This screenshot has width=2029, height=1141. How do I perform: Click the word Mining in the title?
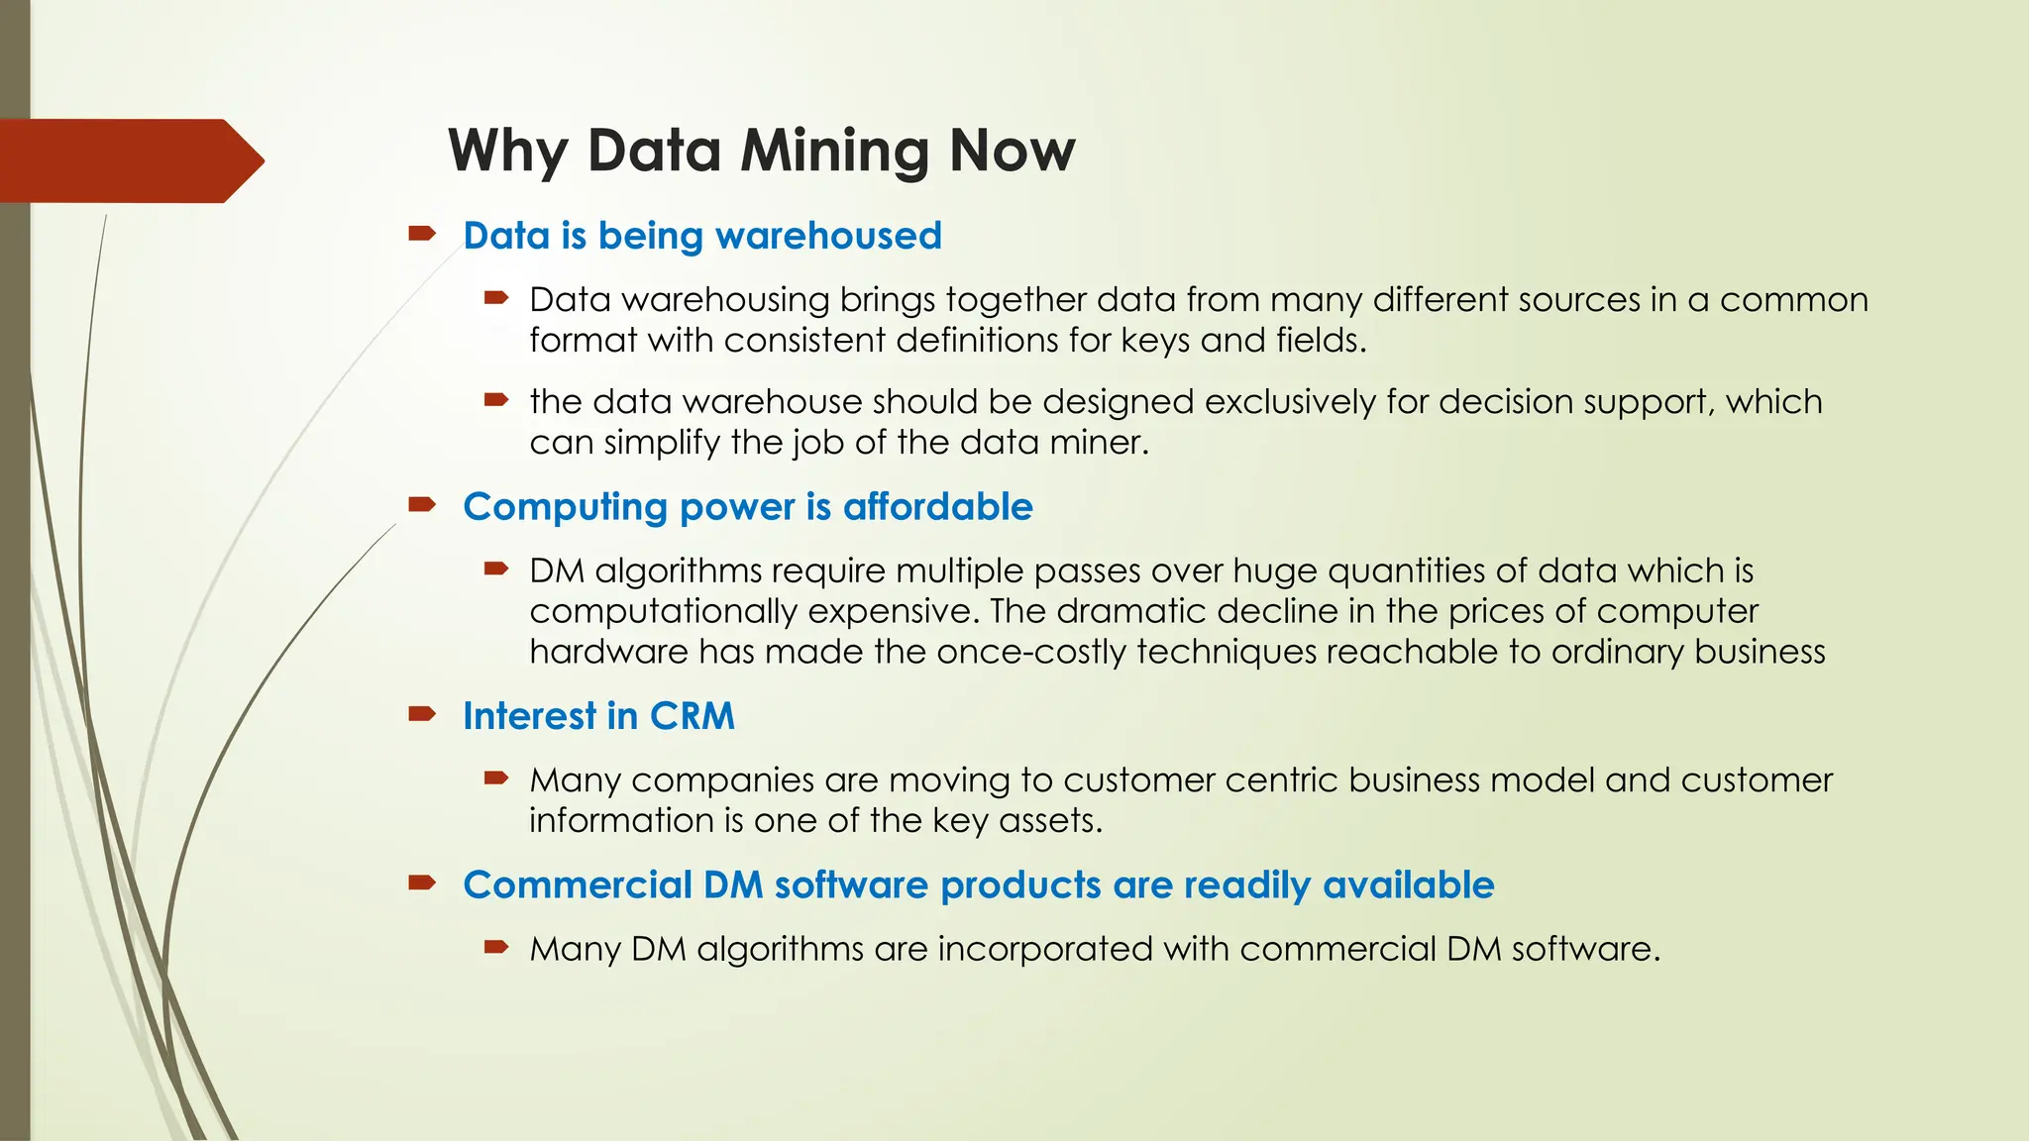(834, 152)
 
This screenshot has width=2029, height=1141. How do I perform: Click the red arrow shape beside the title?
(129, 160)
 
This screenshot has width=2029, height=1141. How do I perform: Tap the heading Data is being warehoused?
(701, 236)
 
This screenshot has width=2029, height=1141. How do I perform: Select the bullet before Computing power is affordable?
(422, 505)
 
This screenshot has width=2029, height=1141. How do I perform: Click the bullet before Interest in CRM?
(422, 714)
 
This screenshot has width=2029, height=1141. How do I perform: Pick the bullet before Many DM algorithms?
(495, 947)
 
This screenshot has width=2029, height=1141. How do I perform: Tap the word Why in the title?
(507, 152)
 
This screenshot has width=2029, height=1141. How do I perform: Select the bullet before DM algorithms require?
(495, 569)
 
